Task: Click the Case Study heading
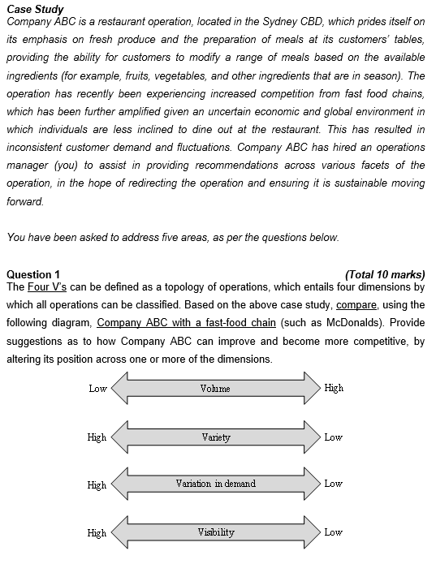(35, 8)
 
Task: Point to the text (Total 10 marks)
(384, 274)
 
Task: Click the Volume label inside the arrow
(215, 389)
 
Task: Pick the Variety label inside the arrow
(215, 437)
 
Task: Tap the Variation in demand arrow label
(215, 484)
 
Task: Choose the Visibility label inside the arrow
(215, 532)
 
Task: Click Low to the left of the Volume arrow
(97, 389)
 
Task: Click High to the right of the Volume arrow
(334, 388)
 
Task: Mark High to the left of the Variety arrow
(97, 437)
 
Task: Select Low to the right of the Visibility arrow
(333, 532)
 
